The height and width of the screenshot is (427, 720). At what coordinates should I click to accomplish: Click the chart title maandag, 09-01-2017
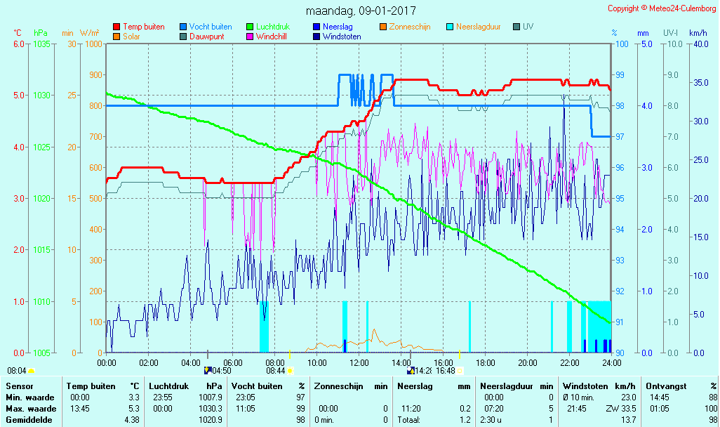[x=361, y=11]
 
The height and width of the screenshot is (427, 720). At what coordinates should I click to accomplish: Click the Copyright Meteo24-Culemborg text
[x=662, y=8]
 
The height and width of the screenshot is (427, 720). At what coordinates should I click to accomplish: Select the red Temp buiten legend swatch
[x=116, y=27]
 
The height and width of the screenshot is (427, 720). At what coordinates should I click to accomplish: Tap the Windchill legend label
[x=270, y=37]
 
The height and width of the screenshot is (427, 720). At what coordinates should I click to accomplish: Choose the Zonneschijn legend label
[x=409, y=27]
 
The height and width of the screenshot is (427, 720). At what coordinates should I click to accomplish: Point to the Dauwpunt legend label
[x=207, y=37]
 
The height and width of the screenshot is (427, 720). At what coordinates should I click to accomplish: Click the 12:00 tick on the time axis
[x=359, y=362]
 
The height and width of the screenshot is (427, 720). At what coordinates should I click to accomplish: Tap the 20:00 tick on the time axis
[x=528, y=362]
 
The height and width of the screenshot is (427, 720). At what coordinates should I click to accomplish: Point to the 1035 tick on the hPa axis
[x=41, y=44]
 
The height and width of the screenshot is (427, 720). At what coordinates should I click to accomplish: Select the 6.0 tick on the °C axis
[x=18, y=44]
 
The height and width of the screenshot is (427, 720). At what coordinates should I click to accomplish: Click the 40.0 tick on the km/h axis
[x=698, y=44]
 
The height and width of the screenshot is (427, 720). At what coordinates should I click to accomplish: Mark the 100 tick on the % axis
[x=621, y=44]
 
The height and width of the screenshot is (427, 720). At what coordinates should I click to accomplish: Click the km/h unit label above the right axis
[x=698, y=33]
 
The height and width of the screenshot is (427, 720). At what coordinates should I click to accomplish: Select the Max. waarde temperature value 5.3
[x=133, y=408]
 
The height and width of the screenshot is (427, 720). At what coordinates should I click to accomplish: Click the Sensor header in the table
[x=20, y=386]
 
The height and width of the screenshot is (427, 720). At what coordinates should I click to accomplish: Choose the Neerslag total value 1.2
[x=465, y=419]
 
